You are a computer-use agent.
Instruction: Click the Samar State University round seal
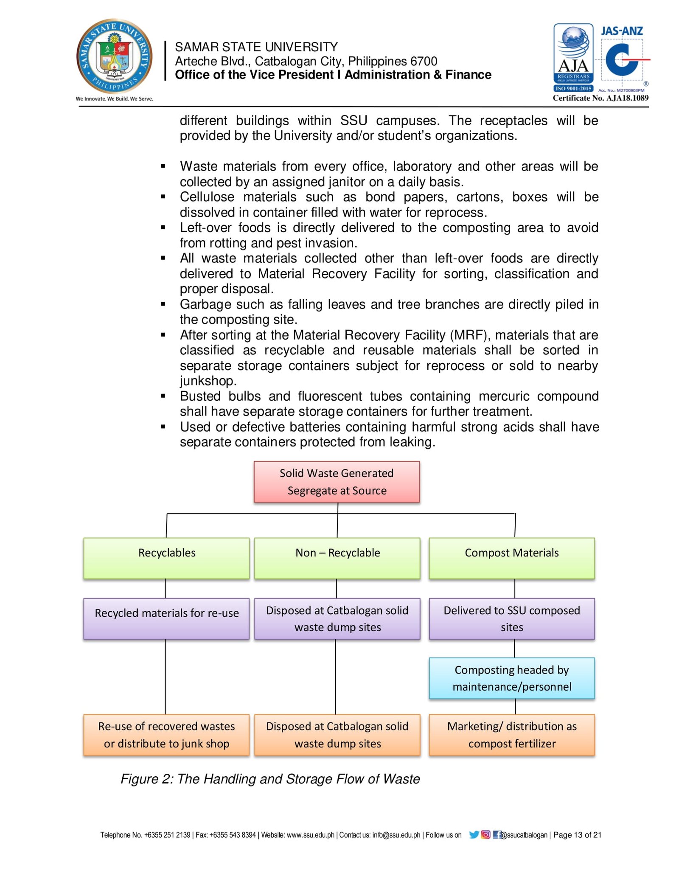pos(114,56)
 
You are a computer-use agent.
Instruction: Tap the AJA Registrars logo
pos(573,57)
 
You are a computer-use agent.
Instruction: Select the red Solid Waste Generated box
pos(337,482)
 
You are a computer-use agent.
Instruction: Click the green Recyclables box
pos(166,558)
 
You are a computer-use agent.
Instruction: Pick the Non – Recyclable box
pos(337,558)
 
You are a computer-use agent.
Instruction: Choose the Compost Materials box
pos(511,558)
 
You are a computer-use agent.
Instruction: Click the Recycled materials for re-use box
pos(166,618)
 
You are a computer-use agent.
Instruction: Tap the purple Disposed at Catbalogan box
pos(337,618)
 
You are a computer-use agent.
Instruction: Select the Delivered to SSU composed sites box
pos(511,618)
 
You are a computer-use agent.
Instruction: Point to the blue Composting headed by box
pos(511,678)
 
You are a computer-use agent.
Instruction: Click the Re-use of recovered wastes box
pos(166,735)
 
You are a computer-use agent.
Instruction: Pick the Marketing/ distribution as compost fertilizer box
pos(511,735)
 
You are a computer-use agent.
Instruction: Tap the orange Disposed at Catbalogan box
pos(337,735)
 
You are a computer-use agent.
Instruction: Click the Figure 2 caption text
pos(270,779)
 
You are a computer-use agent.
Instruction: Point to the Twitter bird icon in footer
pos(474,835)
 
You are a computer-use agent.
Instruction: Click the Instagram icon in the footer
pos(485,835)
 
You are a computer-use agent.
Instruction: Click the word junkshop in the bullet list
pos(208,381)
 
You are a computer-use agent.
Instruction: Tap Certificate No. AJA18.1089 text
pos(600,98)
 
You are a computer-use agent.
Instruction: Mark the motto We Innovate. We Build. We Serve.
pos(114,99)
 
